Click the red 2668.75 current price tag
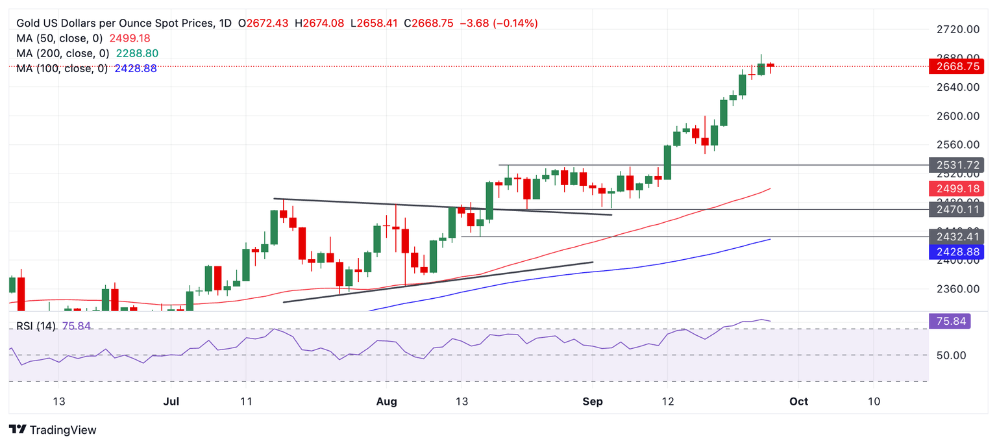point(956,66)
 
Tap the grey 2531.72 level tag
point(956,164)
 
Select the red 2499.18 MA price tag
point(956,189)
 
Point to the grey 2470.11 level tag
point(956,209)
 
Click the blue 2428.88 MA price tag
point(956,251)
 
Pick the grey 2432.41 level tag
point(956,236)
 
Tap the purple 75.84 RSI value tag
point(950,320)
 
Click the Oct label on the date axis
point(798,401)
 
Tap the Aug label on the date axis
point(386,401)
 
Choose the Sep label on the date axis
point(593,401)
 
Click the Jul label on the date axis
point(171,401)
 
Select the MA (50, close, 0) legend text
point(59,38)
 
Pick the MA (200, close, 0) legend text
point(62,53)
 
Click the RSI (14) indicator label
point(37,326)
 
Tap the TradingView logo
point(53,429)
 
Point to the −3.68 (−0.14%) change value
point(498,23)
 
